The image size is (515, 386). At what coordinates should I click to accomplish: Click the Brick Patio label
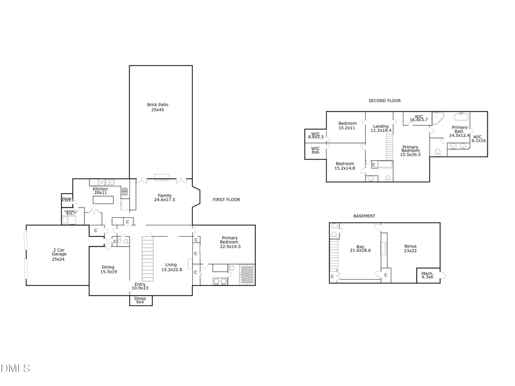pyautogui.click(x=157, y=107)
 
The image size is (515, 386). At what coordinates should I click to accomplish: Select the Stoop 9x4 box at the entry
pyautogui.click(x=140, y=300)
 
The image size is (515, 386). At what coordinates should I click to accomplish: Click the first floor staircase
pyautogui.click(x=148, y=259)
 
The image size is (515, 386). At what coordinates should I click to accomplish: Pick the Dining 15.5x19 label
pyautogui.click(x=108, y=269)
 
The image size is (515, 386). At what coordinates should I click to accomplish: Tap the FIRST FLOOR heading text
pyautogui.click(x=226, y=200)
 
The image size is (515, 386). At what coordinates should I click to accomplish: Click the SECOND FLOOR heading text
pyautogui.click(x=385, y=101)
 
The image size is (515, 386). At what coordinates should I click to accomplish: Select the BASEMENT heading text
pyautogui.click(x=364, y=216)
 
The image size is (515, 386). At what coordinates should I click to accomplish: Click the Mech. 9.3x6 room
pyautogui.click(x=428, y=275)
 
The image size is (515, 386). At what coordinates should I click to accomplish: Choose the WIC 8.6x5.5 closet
pyautogui.click(x=316, y=136)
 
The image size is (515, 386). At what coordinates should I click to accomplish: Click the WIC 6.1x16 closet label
pyautogui.click(x=478, y=138)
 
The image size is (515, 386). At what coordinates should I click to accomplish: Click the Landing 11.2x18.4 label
pyautogui.click(x=381, y=128)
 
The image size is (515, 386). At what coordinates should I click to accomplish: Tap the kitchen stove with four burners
pyautogui.click(x=124, y=192)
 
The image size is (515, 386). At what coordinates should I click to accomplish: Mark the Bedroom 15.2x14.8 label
pyautogui.click(x=344, y=166)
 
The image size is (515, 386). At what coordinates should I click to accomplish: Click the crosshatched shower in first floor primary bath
pyautogui.click(x=247, y=274)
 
